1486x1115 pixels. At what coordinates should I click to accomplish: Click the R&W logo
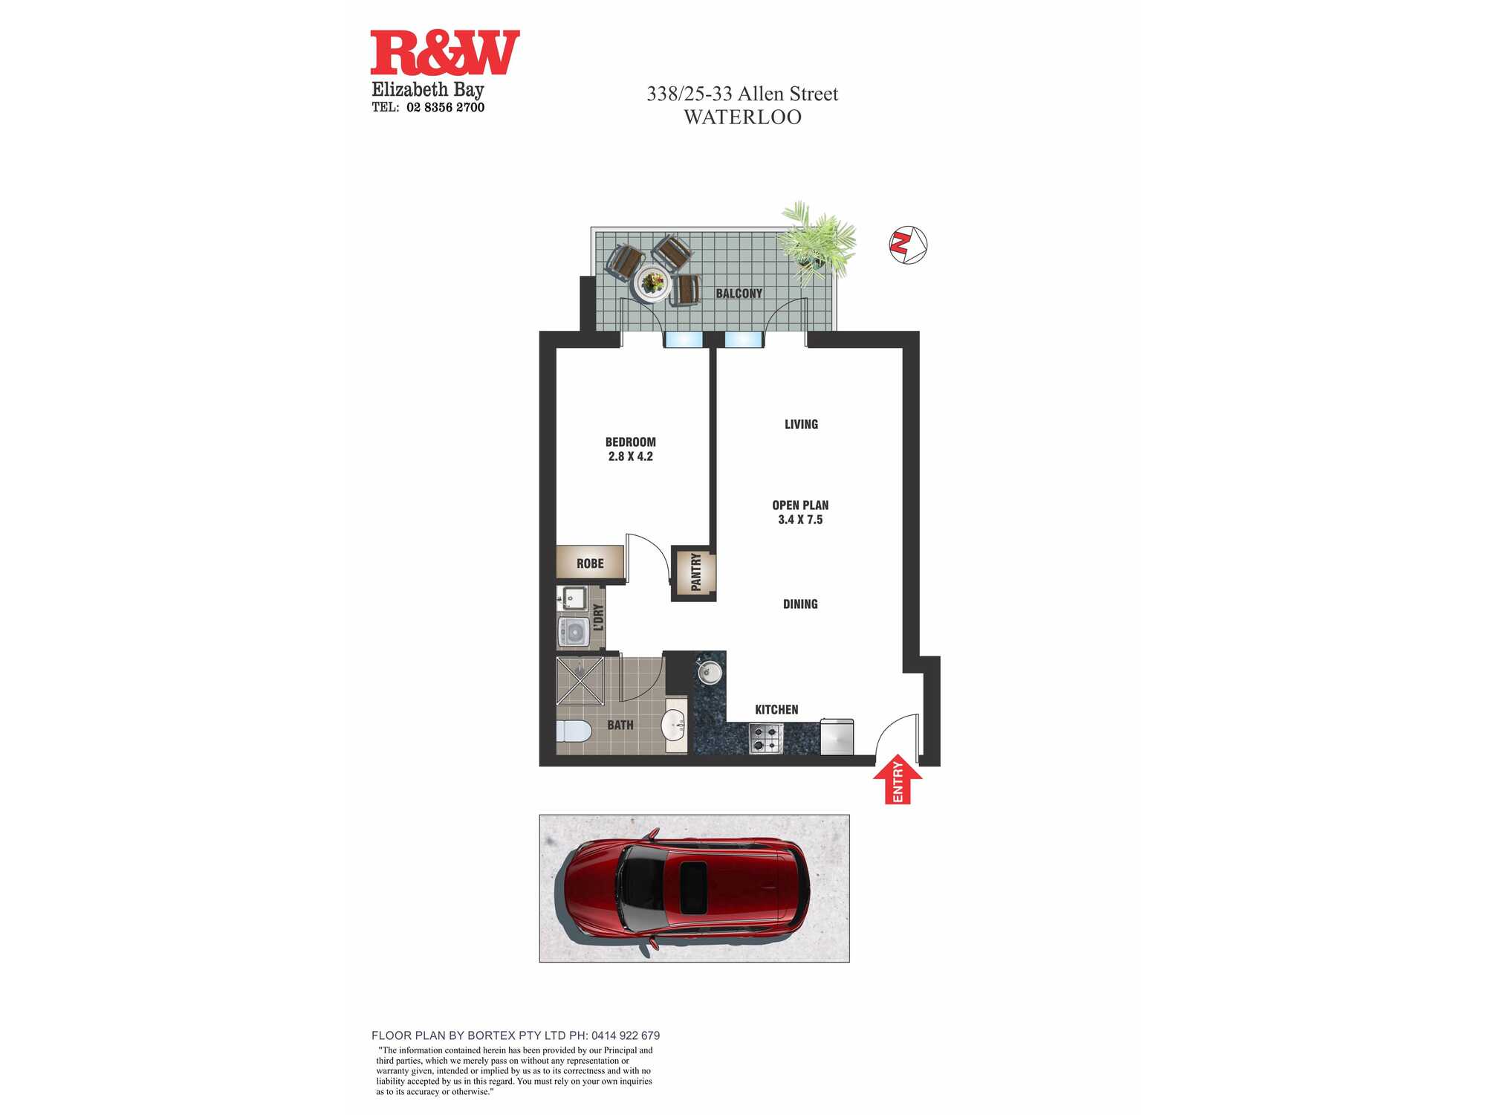[x=445, y=53]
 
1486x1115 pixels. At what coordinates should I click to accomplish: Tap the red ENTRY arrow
[x=898, y=779]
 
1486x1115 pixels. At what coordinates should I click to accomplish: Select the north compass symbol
[x=908, y=245]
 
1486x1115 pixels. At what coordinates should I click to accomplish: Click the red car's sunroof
[x=693, y=888]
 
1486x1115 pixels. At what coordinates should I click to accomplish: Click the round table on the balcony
[x=653, y=282]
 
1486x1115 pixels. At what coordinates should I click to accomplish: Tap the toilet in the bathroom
[x=574, y=731]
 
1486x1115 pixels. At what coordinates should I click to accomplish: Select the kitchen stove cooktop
[x=766, y=738]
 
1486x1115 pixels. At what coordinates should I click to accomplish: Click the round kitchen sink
[x=709, y=673]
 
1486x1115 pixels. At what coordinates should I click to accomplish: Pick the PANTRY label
[x=696, y=572]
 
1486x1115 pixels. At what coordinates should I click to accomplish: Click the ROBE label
[x=590, y=563]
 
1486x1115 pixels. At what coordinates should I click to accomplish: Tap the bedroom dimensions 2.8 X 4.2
[x=630, y=456]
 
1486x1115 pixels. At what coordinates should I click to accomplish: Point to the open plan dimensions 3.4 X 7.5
[x=800, y=520]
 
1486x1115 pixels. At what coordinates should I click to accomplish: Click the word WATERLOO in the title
[x=742, y=117]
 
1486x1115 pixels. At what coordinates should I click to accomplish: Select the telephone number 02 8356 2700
[x=445, y=108]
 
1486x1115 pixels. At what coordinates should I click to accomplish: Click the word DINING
[x=800, y=604]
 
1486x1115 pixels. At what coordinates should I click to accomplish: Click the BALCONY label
[x=739, y=294]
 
